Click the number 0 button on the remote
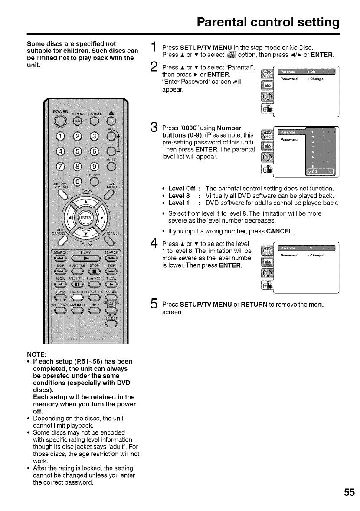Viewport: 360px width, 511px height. tap(77, 181)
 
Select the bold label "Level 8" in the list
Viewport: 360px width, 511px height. tap(179, 196)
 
